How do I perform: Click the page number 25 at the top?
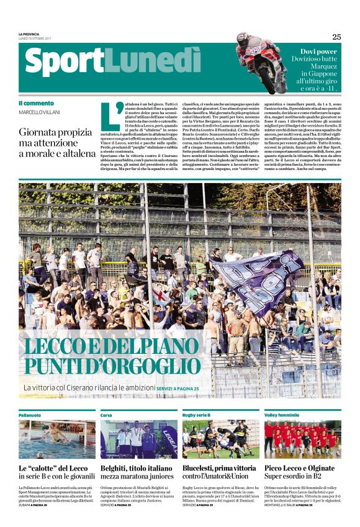coord(336,37)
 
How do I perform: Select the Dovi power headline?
coord(318,52)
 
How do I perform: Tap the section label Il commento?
coord(36,103)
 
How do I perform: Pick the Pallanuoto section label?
coord(29,414)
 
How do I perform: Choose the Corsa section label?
coord(106,414)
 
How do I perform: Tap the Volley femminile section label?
coord(281,414)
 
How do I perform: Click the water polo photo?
coord(57,439)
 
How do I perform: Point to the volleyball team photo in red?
coord(302,439)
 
